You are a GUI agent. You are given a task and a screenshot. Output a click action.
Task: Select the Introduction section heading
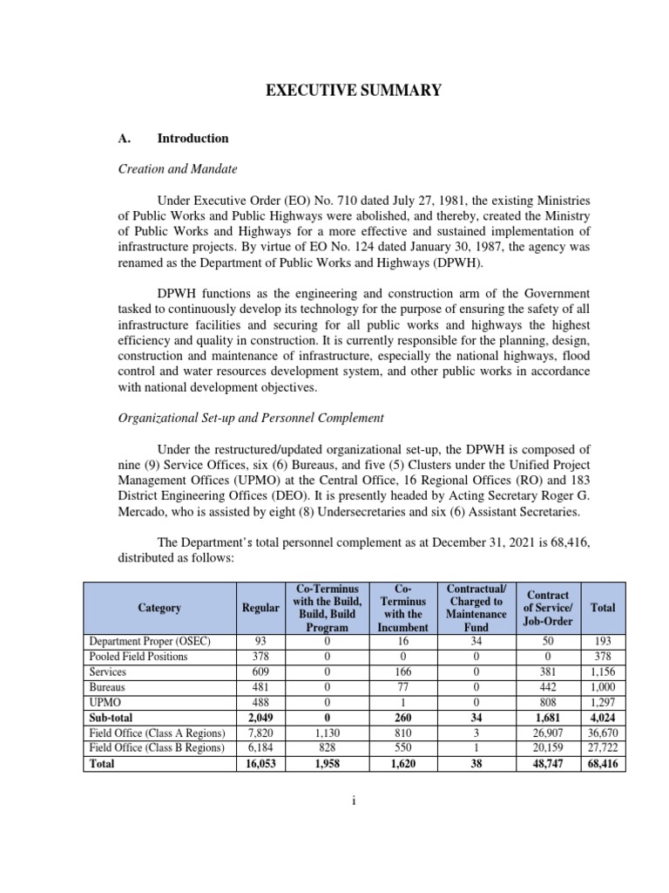(193, 138)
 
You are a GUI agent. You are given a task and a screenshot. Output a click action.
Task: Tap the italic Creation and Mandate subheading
(178, 169)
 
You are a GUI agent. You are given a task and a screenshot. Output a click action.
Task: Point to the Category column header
(159, 607)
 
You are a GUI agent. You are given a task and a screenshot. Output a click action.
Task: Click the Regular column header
(260, 607)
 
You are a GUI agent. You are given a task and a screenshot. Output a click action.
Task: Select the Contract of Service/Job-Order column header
(547, 607)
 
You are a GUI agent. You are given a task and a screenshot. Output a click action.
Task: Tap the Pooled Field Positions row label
(139, 657)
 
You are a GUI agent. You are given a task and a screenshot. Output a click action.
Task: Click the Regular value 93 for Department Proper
(260, 641)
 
